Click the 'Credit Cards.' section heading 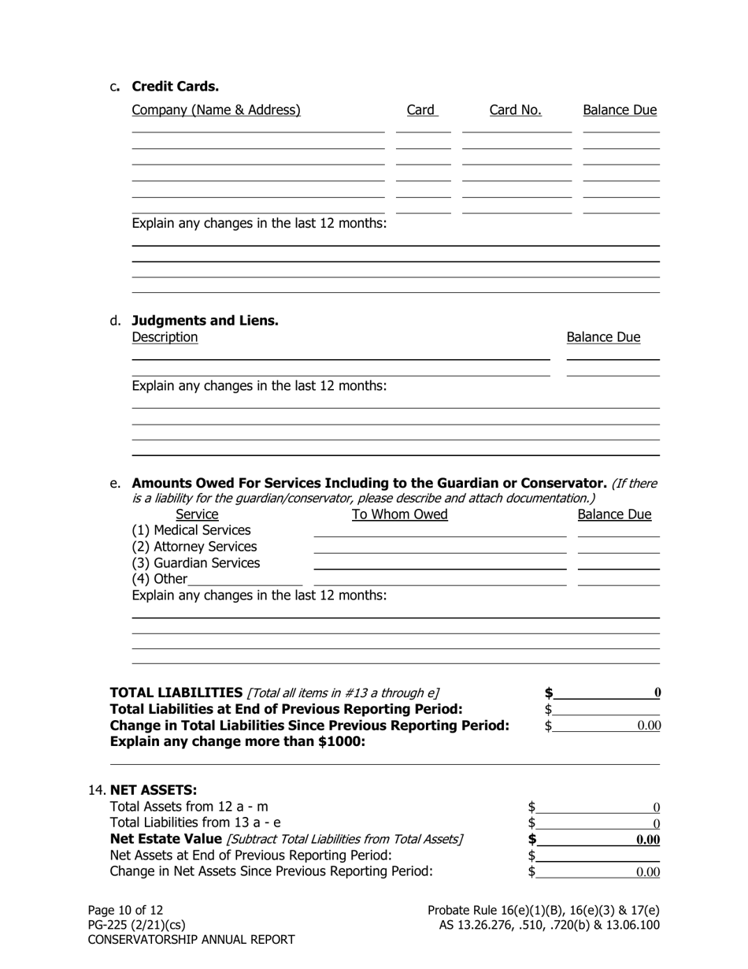[x=175, y=87]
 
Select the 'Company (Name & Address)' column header [x=216, y=110]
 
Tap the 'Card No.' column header [x=515, y=110]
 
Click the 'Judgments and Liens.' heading [x=205, y=321]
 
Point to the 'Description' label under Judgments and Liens [x=165, y=337]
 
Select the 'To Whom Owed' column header [x=399, y=514]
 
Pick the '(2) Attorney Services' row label [x=194, y=547]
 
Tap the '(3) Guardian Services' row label [x=195, y=563]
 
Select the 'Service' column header [x=197, y=514]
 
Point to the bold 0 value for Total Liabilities [x=657, y=692]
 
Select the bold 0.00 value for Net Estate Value [x=647, y=840]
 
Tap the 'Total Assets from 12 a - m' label [x=189, y=807]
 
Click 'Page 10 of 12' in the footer [x=125, y=910]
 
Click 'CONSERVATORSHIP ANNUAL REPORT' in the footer [x=191, y=940]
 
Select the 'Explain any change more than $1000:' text [x=238, y=741]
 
